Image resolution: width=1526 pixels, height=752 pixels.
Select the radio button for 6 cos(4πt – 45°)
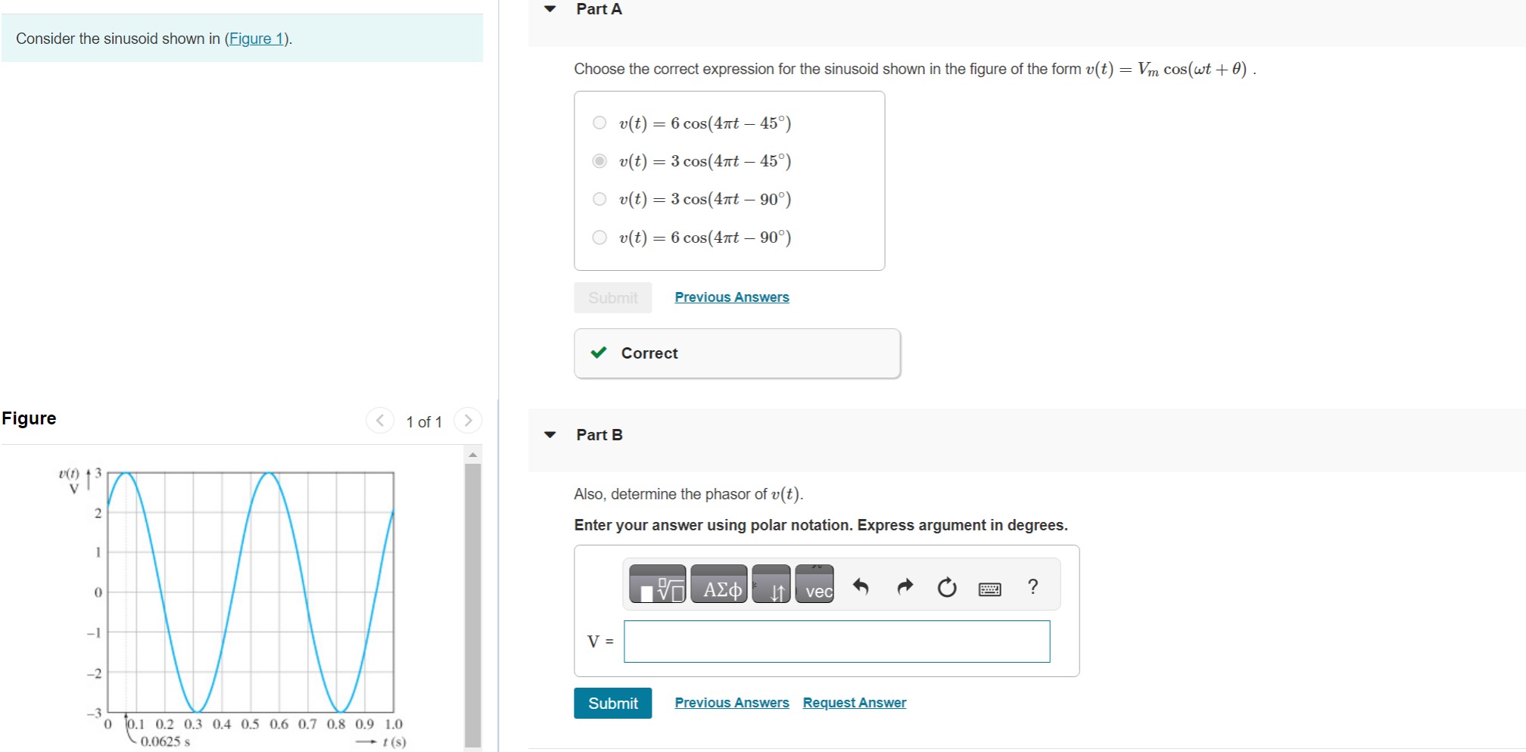click(x=599, y=123)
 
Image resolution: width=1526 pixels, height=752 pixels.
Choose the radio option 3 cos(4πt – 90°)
click(x=599, y=199)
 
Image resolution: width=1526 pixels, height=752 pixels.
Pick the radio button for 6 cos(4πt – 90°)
click(x=599, y=238)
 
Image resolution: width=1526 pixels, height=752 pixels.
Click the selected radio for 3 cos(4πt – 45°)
click(x=599, y=160)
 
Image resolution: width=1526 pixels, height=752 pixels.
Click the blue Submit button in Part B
click(x=612, y=704)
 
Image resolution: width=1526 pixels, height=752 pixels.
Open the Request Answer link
click(x=854, y=703)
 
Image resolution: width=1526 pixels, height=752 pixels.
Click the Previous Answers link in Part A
click(x=731, y=297)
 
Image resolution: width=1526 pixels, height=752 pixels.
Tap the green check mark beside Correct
click(x=599, y=353)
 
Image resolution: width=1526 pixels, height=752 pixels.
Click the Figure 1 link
click(x=257, y=39)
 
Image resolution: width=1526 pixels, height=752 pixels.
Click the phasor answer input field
click(x=836, y=642)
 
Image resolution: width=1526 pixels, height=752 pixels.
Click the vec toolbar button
click(x=814, y=585)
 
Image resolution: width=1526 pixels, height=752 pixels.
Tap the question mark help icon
click(x=1032, y=586)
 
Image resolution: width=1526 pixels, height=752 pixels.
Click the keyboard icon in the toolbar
click(x=989, y=588)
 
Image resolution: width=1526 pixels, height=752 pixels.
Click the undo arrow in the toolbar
click(x=861, y=586)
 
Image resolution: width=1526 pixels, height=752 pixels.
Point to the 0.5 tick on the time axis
click(x=250, y=724)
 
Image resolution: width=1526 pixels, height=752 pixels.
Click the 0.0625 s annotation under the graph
click(x=165, y=741)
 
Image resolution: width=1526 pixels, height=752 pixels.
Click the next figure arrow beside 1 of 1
click(x=468, y=421)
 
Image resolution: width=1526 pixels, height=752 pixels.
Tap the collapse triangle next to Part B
click(x=550, y=434)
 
